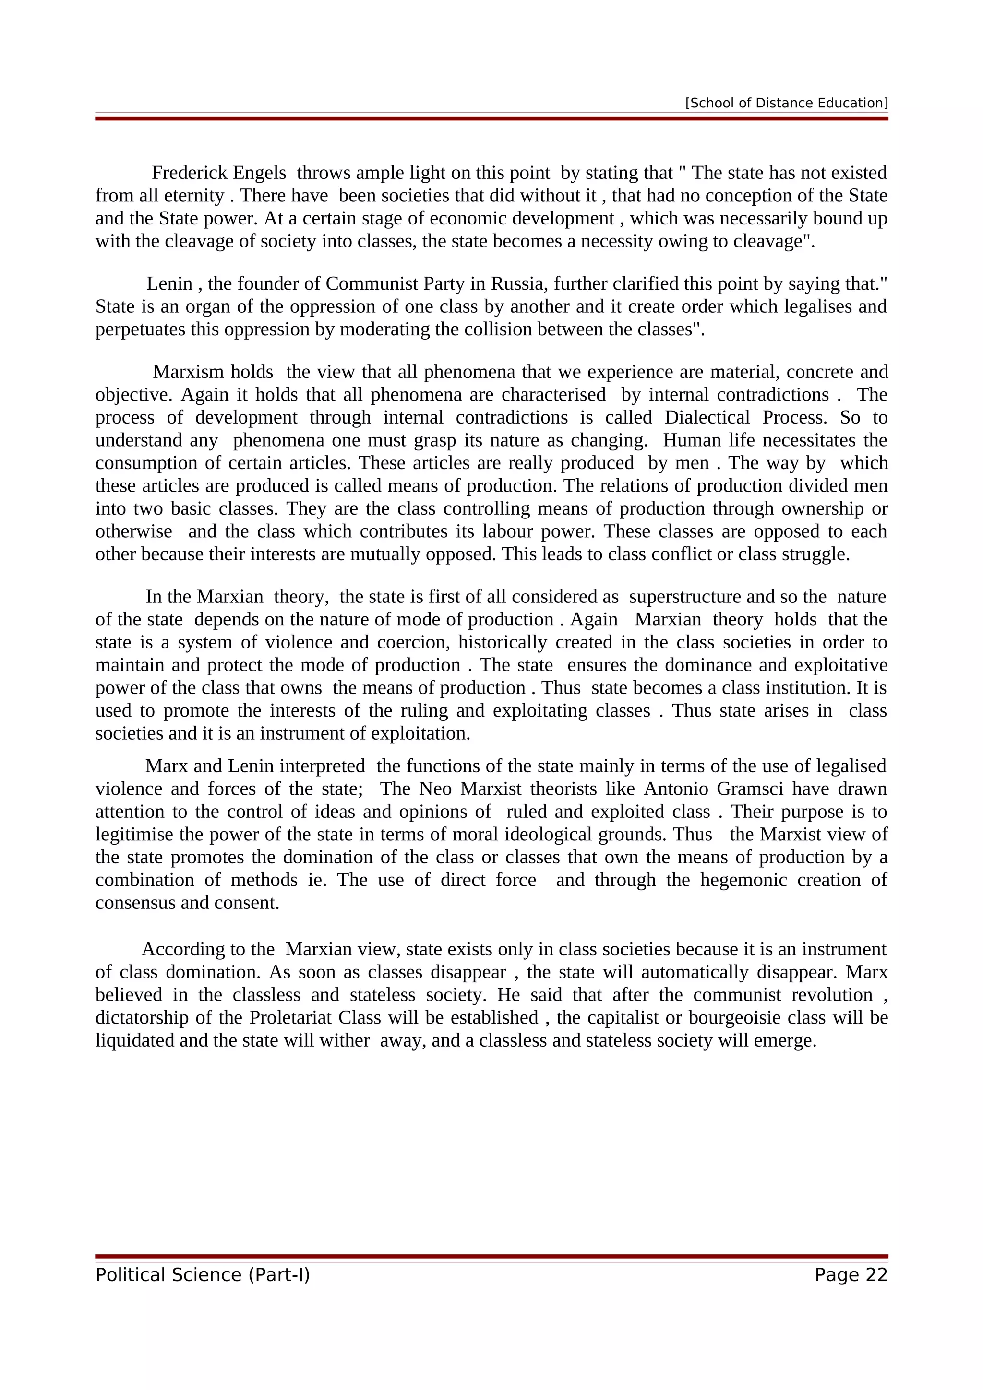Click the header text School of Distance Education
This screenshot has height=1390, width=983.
[786, 103]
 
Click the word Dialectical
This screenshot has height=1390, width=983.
[707, 418]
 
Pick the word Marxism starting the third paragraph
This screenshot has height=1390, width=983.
[188, 372]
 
